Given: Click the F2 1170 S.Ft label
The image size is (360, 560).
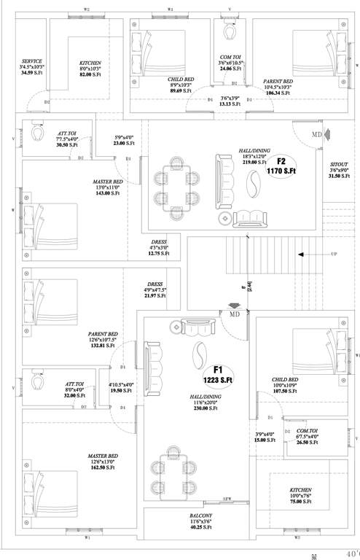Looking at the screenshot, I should (x=285, y=166).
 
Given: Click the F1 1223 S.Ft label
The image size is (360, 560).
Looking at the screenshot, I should (x=217, y=375).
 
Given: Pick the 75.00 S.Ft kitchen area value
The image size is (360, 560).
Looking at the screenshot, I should (x=301, y=502).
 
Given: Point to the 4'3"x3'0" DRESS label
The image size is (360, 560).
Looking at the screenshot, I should (x=159, y=248).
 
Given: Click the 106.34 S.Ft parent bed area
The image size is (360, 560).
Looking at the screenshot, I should (x=278, y=93).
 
